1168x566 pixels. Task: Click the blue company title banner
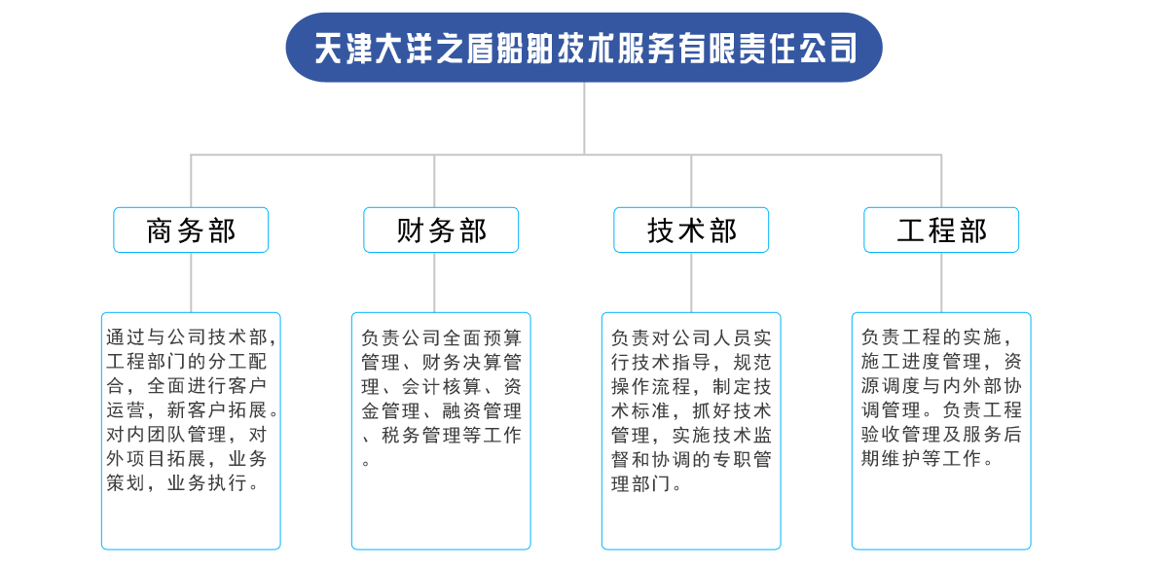584,48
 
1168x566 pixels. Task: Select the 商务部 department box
191,230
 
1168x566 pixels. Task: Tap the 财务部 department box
441,230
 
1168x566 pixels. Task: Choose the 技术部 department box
691,230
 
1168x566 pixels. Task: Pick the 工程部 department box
941,230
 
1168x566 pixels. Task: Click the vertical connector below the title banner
584,119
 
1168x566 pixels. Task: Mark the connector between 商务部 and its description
191,282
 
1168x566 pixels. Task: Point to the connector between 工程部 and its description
941,282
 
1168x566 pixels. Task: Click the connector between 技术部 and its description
691,282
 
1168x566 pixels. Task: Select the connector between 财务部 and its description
434,282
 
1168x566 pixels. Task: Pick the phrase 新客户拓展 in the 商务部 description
217,410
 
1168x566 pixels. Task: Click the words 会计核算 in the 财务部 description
442,387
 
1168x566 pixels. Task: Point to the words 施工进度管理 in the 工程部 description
922,361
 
